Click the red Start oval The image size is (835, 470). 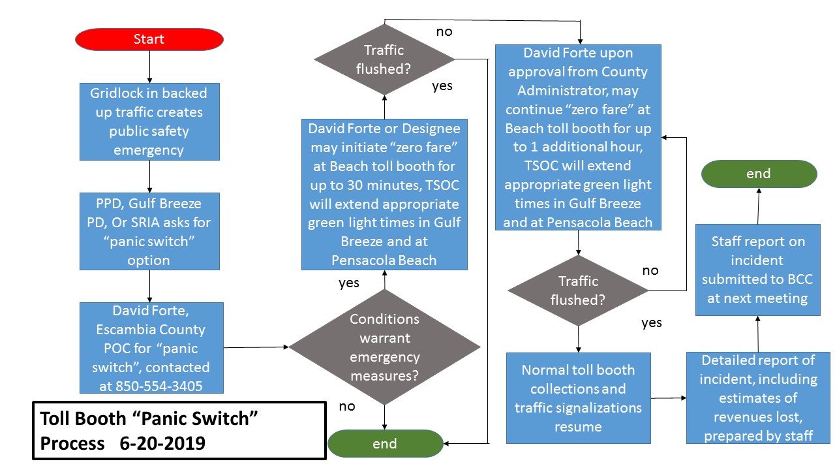(149, 39)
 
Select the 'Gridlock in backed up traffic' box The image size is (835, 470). (149, 121)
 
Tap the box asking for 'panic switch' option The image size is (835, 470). (149, 231)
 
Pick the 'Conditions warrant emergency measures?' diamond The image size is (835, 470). (384, 347)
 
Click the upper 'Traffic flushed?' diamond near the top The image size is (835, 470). (384, 59)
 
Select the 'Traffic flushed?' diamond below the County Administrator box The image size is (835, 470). (578, 290)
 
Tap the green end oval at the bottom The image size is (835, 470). (384, 444)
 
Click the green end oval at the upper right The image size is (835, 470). (758, 174)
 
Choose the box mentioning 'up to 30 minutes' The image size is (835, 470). (384, 195)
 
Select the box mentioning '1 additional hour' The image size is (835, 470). (578, 137)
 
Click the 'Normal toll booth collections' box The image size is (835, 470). (578, 398)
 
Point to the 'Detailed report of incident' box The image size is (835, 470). (758, 398)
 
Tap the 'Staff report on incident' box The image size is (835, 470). (758, 270)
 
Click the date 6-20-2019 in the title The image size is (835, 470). (162, 443)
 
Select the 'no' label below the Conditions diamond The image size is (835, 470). (347, 407)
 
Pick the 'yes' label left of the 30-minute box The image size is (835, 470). (349, 283)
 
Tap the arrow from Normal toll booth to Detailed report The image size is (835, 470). (668, 398)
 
